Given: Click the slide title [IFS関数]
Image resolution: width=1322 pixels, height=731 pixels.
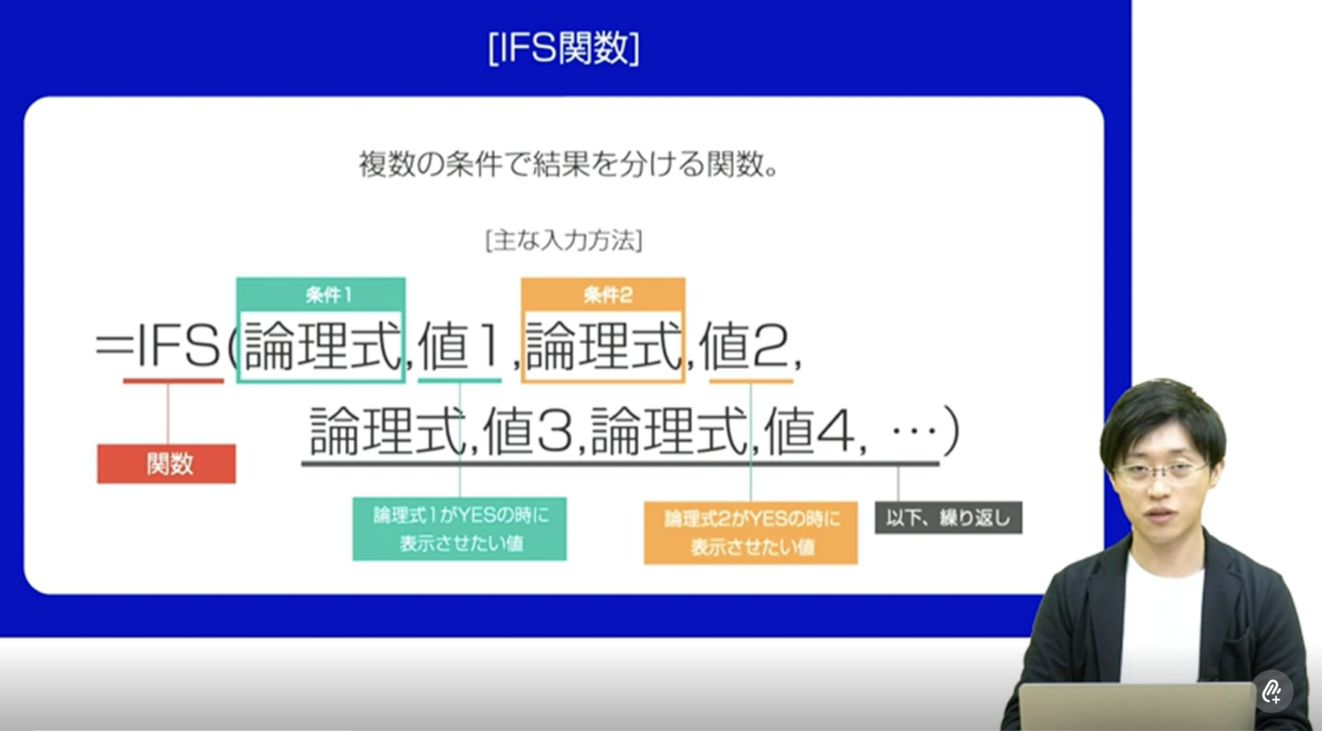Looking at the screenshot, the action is pos(564,48).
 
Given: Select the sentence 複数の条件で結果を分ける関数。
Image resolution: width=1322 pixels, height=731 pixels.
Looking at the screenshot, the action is pos(569,164).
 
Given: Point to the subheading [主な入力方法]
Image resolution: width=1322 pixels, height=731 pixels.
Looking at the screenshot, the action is pos(564,241).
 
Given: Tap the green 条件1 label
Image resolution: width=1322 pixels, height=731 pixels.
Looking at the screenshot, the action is pos(329,295).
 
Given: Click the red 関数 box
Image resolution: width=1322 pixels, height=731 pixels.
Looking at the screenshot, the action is pos(166,464).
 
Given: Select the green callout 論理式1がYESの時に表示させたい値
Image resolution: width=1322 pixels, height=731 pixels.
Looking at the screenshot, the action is pos(460,529).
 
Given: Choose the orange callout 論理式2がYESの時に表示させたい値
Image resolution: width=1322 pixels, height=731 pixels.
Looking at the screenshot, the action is pos(751,533).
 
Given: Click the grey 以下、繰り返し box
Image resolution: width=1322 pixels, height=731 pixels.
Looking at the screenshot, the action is pos(948,518).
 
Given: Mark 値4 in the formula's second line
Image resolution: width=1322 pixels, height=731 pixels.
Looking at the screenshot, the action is pos(809,430).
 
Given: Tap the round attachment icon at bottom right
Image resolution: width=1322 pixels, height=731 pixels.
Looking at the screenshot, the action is pos(1273,691).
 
